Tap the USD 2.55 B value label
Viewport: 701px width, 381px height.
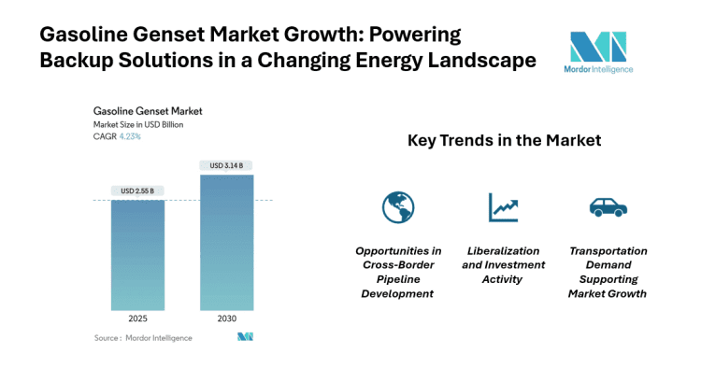[137, 191]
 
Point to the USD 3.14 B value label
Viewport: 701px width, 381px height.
[227, 166]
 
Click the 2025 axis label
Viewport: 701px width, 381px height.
[137, 319]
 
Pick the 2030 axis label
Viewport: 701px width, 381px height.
[227, 319]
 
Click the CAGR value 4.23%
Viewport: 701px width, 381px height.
[129, 136]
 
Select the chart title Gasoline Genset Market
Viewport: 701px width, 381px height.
[148, 111]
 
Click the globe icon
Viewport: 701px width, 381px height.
[397, 206]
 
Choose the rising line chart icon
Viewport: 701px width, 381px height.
[503, 206]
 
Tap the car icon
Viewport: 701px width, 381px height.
[608, 206]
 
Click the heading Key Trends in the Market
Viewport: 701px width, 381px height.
[504, 141]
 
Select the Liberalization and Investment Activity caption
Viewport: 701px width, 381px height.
[503, 265]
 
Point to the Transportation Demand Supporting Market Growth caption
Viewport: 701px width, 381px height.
[608, 272]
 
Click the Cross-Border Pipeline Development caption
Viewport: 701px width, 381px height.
[397, 272]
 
